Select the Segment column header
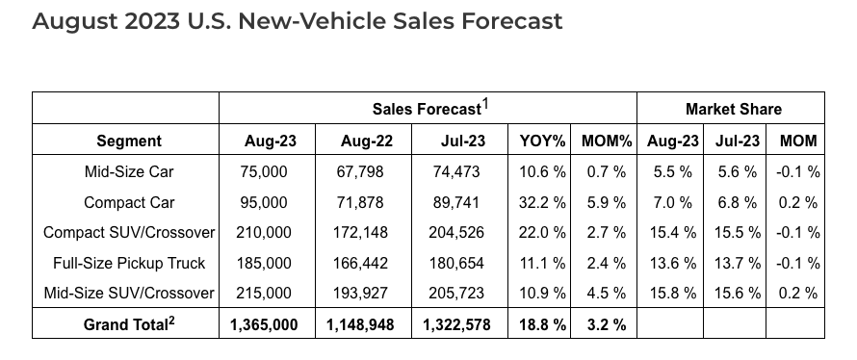point(129,141)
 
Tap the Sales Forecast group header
point(427,110)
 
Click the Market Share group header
point(734,110)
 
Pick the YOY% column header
point(542,141)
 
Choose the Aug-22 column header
point(366,141)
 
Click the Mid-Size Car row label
point(129,172)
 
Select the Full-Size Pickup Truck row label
point(129,264)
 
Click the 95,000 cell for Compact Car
point(264,203)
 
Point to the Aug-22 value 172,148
point(360,233)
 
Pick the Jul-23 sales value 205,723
point(456,294)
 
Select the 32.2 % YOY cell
point(542,203)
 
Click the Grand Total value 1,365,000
point(264,325)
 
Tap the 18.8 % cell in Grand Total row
point(542,325)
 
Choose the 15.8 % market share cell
point(673,294)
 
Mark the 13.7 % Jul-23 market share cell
point(738,264)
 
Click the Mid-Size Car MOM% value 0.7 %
point(606,172)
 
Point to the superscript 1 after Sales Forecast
point(484,104)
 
